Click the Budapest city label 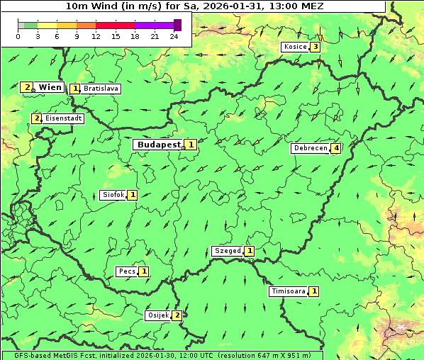[x=159, y=145]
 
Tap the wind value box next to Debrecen [x=336, y=149]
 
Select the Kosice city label [x=295, y=47]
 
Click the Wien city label [x=50, y=87]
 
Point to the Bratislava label [x=100, y=89]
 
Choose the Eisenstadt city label [x=63, y=118]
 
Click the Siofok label [x=113, y=195]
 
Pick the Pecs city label [x=127, y=271]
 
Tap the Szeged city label [x=227, y=251]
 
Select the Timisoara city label [x=288, y=291]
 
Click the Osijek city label [x=158, y=315]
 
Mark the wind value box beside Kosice [x=316, y=47]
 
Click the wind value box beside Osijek [x=177, y=315]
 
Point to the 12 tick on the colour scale [x=95, y=36]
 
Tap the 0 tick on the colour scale [x=18, y=36]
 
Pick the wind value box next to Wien [x=27, y=87]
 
